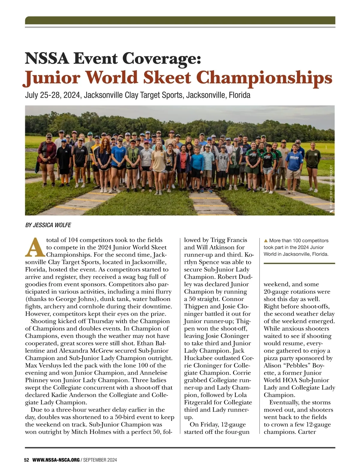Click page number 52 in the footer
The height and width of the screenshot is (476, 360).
(x=26, y=460)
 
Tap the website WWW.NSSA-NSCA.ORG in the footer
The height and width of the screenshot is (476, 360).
(x=56, y=460)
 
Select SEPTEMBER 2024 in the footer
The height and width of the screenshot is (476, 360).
(x=100, y=460)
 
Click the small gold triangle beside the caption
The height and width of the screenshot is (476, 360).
(x=265, y=240)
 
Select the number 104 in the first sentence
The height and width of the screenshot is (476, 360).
(x=73, y=240)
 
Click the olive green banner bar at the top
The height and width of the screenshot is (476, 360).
(x=180, y=20)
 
